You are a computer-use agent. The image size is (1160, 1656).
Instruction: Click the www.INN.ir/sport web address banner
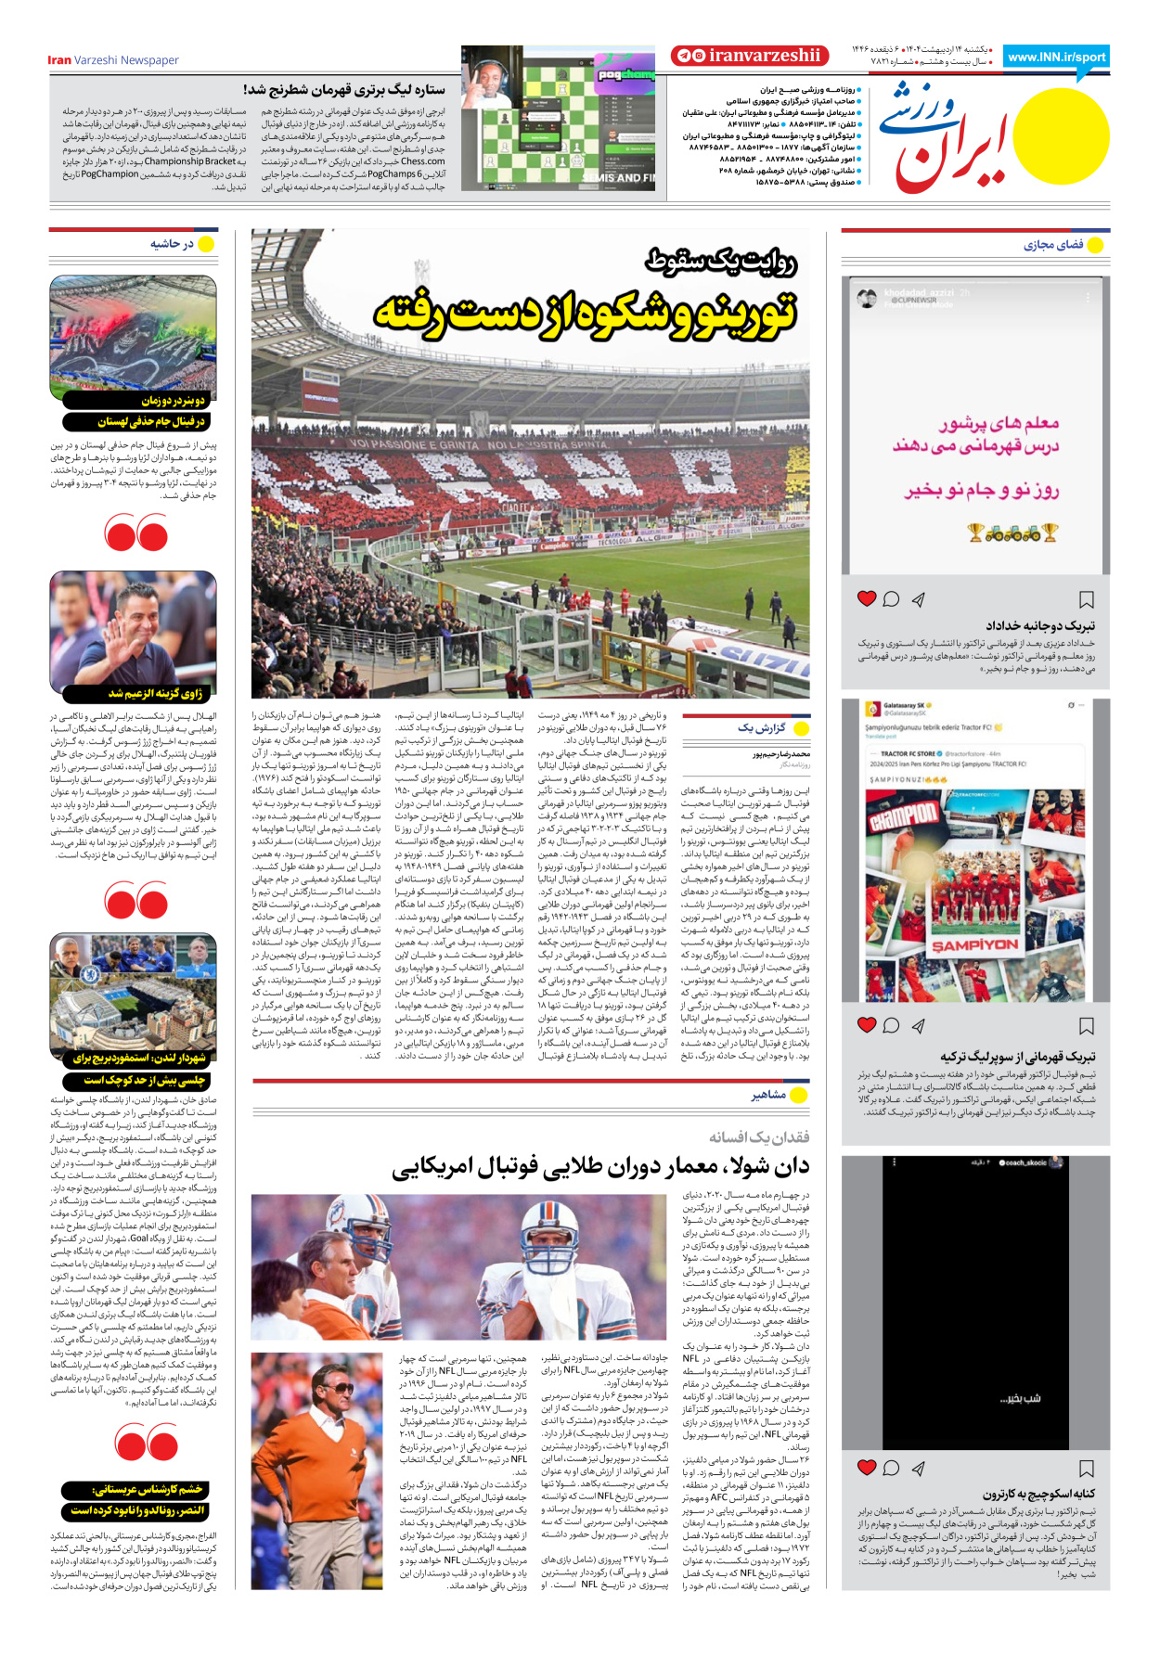point(1056,58)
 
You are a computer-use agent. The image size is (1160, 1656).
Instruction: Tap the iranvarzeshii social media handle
point(750,56)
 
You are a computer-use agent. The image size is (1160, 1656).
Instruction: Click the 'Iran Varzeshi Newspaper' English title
point(113,60)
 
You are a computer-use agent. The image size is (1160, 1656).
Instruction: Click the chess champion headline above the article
point(344,90)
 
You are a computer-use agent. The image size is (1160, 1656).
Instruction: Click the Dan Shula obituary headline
point(600,1167)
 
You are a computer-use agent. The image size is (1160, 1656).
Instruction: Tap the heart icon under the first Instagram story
point(867,598)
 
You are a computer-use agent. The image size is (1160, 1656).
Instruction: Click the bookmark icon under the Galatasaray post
point(1086,1025)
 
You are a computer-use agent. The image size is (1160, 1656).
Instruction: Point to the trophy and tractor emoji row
point(1012,533)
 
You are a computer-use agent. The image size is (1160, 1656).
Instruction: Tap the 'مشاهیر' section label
point(768,1095)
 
